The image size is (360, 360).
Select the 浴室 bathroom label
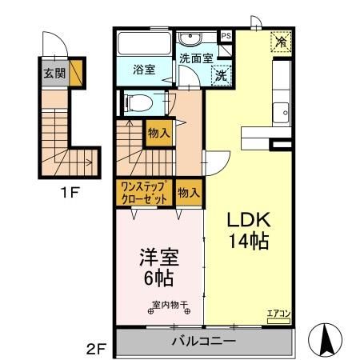point(144,70)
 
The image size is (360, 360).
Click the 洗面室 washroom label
point(195,58)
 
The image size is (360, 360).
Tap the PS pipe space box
point(226,36)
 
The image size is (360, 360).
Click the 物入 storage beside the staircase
point(158,134)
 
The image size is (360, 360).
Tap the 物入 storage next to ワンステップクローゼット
point(189,193)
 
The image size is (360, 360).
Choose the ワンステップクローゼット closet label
point(145,193)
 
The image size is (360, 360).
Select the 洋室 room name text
point(158,259)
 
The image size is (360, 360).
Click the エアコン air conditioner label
point(279,314)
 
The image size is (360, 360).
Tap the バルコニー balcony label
point(203,342)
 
